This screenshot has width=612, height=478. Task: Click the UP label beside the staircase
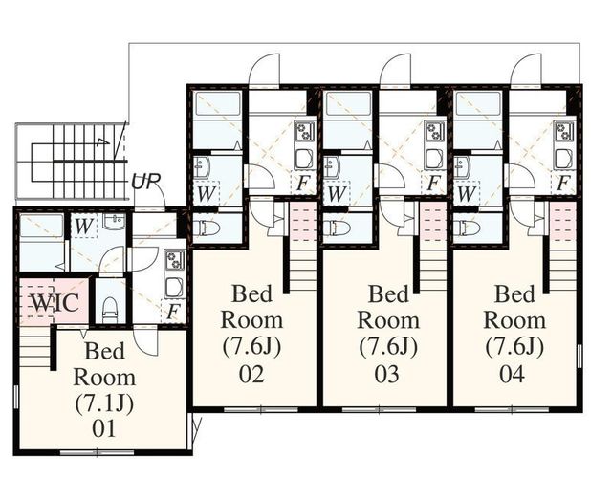tap(145, 181)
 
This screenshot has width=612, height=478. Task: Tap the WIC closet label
tap(55, 302)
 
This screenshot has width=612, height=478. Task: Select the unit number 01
tap(104, 428)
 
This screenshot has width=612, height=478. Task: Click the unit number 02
tap(251, 374)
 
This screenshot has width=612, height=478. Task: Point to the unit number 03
tap(387, 374)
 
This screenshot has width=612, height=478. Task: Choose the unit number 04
tap(513, 374)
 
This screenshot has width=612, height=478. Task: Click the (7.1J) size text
tap(104, 403)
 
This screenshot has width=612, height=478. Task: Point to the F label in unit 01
tap(173, 312)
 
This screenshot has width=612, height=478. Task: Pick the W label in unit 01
tap(83, 226)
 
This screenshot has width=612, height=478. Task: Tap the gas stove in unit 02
tap(303, 131)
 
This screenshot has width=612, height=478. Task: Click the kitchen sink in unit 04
tap(562, 159)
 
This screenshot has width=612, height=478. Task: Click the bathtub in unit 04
tap(478, 103)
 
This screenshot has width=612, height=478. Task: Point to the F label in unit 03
tap(432, 183)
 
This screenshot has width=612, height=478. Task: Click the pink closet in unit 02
tap(303, 221)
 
